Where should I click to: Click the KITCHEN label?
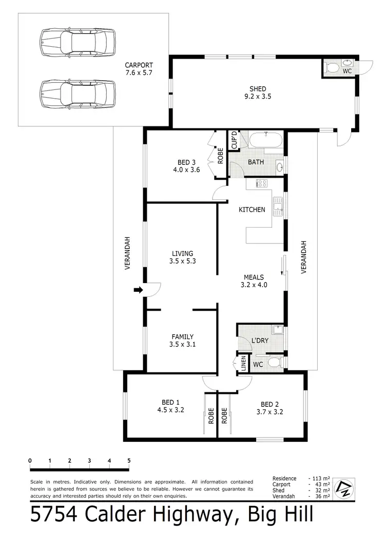[x=252, y=210]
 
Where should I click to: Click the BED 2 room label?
[x=270, y=403]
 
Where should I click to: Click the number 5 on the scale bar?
[x=129, y=460]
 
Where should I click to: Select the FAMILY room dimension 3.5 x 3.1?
[x=183, y=345]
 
